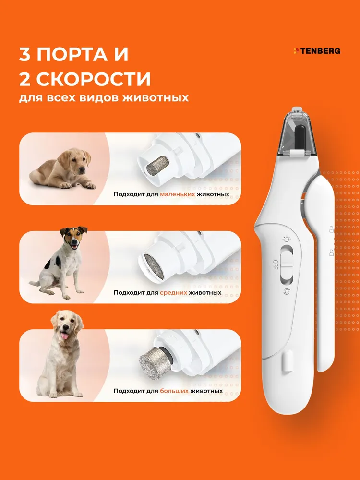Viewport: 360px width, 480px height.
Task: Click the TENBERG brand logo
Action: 317,51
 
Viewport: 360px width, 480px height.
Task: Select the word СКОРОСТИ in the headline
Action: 94,79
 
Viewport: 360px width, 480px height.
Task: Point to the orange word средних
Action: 173,293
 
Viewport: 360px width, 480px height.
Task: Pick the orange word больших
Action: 174,391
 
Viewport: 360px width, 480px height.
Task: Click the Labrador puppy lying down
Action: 62,168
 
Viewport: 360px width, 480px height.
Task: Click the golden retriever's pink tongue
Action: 65,336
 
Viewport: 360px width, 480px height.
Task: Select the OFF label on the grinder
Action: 275,264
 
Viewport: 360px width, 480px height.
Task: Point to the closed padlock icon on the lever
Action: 331,229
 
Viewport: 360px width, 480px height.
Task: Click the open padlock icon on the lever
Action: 331,253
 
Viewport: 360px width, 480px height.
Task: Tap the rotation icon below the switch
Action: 287,291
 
